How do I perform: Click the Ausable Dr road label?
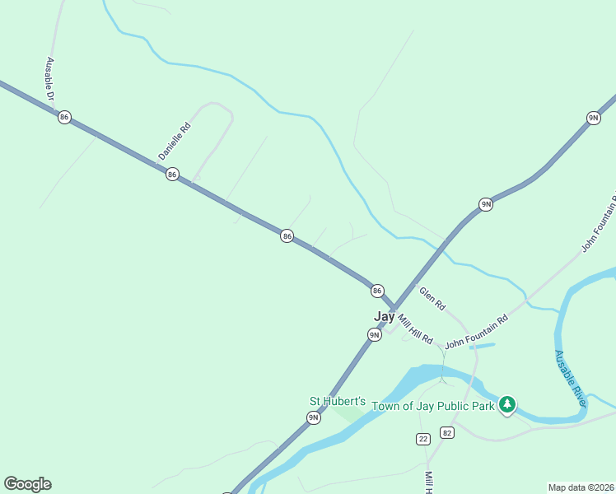(x=50, y=80)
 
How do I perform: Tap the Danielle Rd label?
(x=175, y=141)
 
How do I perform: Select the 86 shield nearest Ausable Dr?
(x=64, y=117)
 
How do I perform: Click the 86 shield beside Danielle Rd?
(x=171, y=174)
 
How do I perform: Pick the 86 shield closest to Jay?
(x=377, y=291)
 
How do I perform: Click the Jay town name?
(x=384, y=316)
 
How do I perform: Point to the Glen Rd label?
(x=432, y=298)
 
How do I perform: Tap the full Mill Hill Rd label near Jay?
(x=415, y=329)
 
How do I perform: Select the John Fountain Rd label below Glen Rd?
(x=476, y=331)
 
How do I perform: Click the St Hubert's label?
(x=337, y=401)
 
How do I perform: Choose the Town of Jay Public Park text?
(x=432, y=406)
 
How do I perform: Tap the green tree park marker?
(x=508, y=404)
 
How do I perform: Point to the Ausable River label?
(x=570, y=378)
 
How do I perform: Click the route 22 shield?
(x=423, y=439)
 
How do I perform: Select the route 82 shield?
(x=447, y=432)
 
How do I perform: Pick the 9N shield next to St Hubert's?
(x=313, y=417)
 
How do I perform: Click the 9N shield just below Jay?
(x=375, y=334)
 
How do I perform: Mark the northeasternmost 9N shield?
(x=593, y=118)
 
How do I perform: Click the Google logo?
(x=27, y=484)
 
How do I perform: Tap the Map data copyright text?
(x=581, y=487)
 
